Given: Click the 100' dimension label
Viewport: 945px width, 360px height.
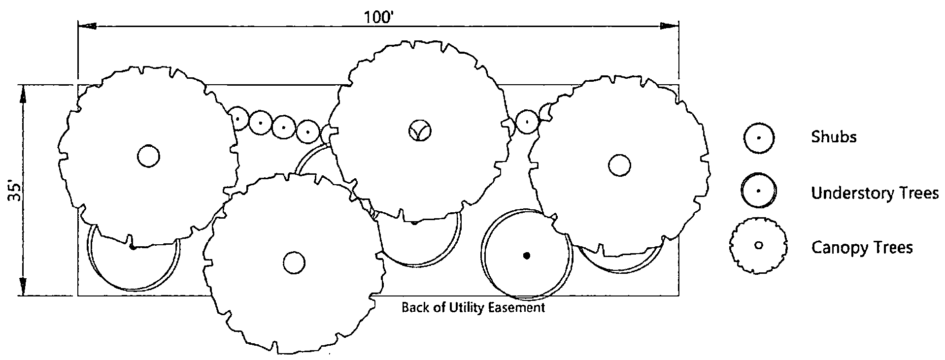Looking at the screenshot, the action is coord(378,17).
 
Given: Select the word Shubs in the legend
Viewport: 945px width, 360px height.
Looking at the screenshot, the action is coord(834,137).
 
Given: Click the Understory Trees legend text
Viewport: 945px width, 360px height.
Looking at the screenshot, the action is coord(875,194).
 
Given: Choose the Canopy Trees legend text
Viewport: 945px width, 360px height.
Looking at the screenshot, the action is coord(862,247).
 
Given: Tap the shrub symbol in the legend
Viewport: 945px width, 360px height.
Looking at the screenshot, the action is coord(759,138).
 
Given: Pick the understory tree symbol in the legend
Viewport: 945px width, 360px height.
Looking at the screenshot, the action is coord(759,191).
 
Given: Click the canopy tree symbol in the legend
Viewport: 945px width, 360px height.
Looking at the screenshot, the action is coord(759,245).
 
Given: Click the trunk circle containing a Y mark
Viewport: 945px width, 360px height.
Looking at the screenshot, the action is coord(420,131).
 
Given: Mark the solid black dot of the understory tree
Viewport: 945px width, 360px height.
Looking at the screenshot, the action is coord(527,256).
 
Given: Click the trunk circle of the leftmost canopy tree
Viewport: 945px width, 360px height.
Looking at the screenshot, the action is coord(148,157).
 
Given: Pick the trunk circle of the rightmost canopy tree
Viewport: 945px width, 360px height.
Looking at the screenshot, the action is coord(619,165).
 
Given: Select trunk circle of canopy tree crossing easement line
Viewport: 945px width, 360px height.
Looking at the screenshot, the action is coord(294,262).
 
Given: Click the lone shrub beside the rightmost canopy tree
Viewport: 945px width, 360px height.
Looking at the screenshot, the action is coord(527,121).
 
